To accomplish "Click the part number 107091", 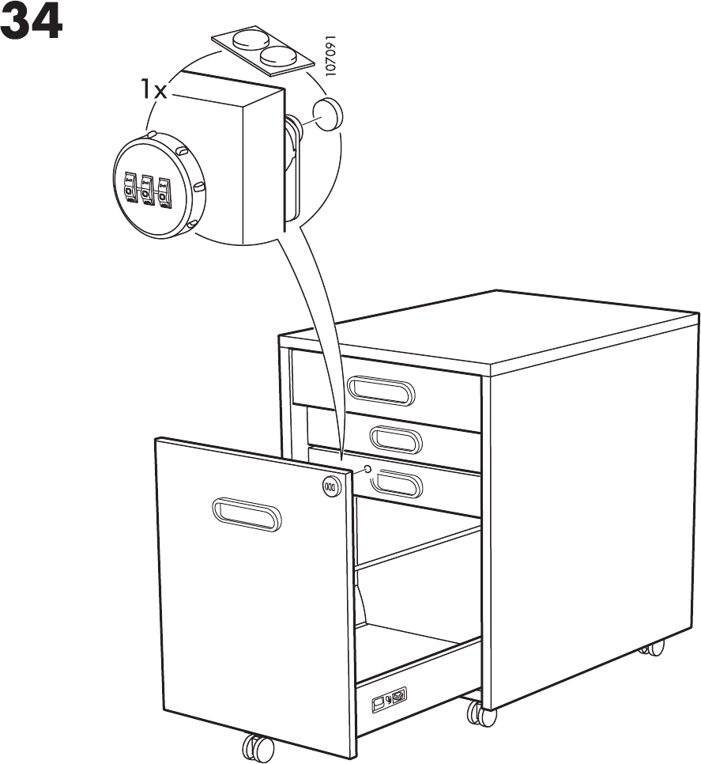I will point(331,56).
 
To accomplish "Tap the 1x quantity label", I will point(153,89).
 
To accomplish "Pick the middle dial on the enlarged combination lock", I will point(146,190).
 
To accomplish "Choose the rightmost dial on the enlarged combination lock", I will point(164,191).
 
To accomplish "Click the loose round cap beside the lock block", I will point(328,115).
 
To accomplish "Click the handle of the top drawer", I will point(380,390).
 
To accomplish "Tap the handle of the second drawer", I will point(396,439).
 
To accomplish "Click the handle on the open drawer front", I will point(246,515).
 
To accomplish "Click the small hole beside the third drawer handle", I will point(367,470).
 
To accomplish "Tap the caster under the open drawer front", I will point(258,747).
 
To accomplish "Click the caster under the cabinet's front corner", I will point(481,714).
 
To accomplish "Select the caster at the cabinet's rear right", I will point(653,647).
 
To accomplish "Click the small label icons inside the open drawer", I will point(390,698).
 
